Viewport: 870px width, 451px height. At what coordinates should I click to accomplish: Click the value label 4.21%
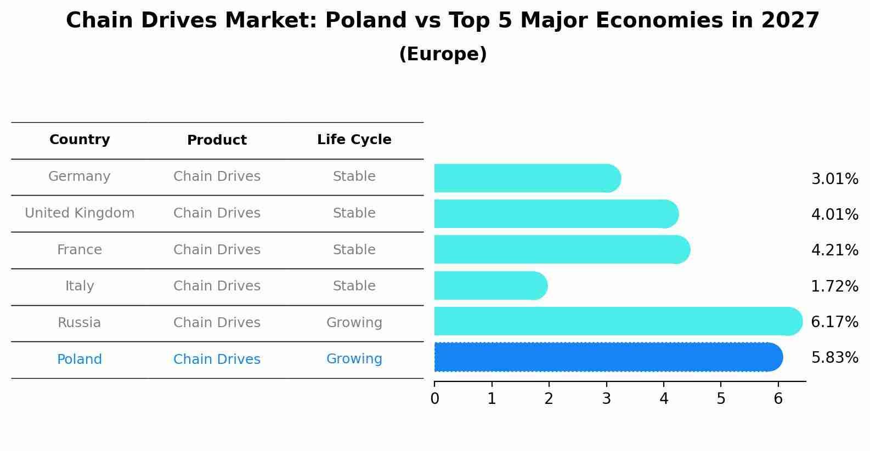coord(834,250)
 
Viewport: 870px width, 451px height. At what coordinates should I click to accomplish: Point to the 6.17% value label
coord(834,322)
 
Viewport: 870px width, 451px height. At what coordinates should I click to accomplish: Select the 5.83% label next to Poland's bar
coord(834,358)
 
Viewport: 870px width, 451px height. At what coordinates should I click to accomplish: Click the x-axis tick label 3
coord(606,399)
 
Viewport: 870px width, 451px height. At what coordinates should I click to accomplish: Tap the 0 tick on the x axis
coord(434,399)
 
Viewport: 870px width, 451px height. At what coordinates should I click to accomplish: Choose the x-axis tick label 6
coord(778,399)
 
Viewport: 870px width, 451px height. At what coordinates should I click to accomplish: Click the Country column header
coord(80,140)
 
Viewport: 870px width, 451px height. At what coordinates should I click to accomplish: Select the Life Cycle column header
coord(354,140)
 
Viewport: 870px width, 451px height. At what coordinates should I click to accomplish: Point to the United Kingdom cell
coord(80,213)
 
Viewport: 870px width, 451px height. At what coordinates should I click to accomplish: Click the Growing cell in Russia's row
coord(354,323)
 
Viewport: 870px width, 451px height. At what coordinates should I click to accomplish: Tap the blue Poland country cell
coord(80,359)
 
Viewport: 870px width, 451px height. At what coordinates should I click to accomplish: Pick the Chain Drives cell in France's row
coord(217,250)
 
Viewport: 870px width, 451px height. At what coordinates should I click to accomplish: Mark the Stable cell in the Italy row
coord(354,286)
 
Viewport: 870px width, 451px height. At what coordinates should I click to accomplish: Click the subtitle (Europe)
coord(443,54)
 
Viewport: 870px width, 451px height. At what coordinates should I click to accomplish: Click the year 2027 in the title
coord(790,21)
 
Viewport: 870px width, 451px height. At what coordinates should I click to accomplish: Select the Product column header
coord(217,140)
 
